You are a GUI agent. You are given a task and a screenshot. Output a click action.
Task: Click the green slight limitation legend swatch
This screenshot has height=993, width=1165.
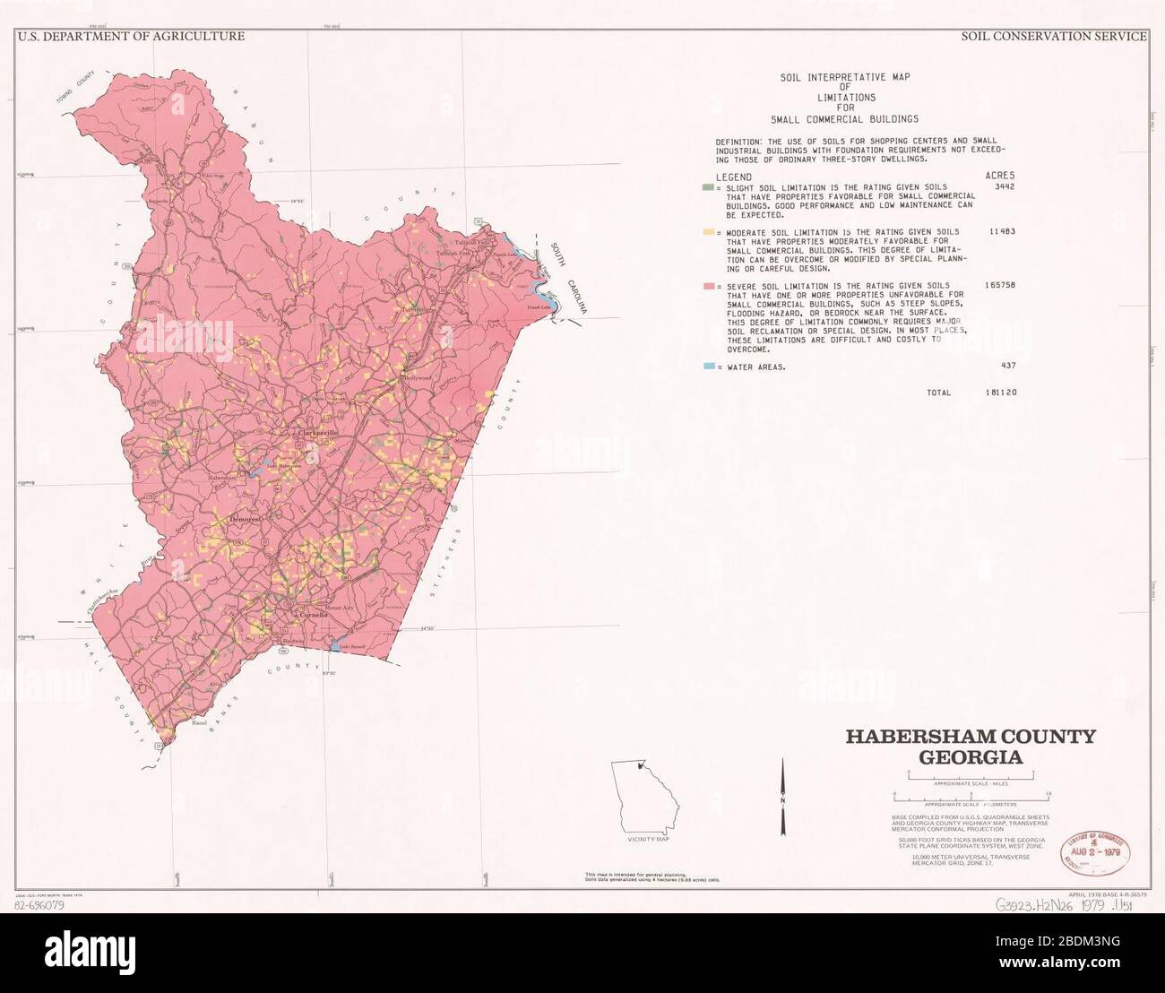(706, 187)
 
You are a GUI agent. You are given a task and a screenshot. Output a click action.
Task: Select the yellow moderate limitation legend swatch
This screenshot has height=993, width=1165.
(707, 232)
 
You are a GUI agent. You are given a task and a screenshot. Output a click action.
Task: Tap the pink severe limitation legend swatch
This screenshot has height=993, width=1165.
(707, 285)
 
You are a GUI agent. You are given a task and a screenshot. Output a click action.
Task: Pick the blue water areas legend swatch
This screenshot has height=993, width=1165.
(708, 367)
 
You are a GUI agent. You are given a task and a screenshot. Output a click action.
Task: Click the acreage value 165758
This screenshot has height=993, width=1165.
(999, 285)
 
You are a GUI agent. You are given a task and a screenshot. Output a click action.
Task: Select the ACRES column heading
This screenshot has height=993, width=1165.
(1000, 177)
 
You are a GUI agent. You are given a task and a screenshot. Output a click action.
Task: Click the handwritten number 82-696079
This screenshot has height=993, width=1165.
(40, 905)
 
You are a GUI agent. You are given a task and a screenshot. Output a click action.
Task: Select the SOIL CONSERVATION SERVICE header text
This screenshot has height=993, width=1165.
(1053, 37)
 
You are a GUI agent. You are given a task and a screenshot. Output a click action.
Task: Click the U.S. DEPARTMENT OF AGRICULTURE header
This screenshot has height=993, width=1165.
(131, 37)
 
